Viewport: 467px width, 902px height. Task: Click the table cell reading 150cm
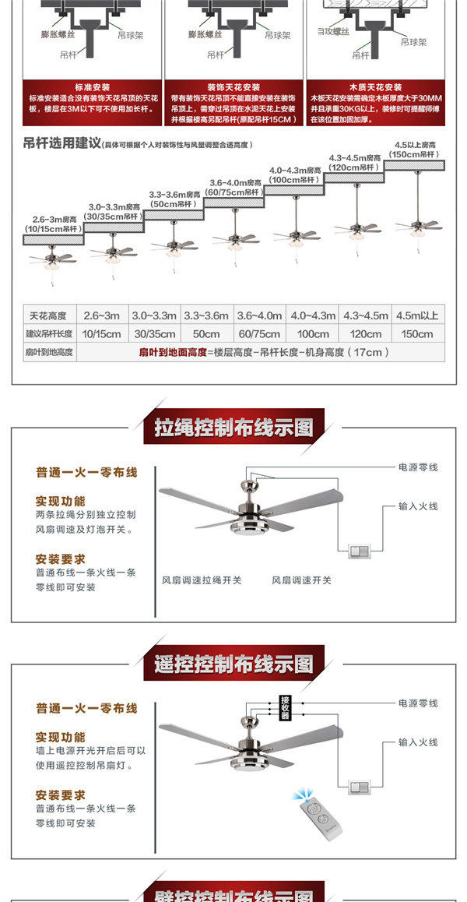click(416, 334)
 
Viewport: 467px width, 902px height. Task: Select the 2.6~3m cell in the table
click(101, 315)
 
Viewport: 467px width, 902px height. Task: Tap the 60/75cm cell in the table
click(259, 334)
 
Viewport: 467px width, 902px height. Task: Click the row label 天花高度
click(48, 315)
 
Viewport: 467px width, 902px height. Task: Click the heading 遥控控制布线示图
click(233, 664)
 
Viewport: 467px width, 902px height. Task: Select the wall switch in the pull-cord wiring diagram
click(360, 552)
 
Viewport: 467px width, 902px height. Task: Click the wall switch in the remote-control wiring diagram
click(360, 787)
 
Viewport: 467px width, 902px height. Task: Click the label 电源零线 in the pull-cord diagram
click(418, 467)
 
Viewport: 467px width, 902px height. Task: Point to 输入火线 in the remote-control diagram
click(418, 742)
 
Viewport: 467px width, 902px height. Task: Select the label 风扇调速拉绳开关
click(202, 580)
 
